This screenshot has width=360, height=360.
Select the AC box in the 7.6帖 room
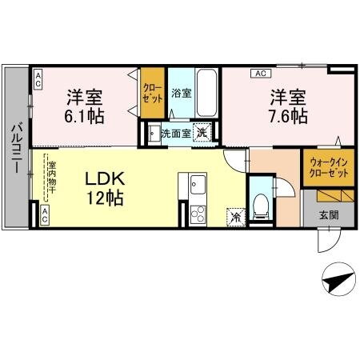(x=259, y=74)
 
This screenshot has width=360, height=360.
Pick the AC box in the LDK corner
(x=44, y=214)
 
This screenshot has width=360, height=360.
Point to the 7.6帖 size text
(x=288, y=117)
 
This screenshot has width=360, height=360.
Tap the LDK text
(x=105, y=178)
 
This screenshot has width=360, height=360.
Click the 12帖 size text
(x=105, y=198)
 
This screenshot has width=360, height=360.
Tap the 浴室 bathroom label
(x=181, y=94)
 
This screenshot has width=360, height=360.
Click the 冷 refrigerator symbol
(x=235, y=214)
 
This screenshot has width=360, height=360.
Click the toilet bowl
(x=261, y=206)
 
